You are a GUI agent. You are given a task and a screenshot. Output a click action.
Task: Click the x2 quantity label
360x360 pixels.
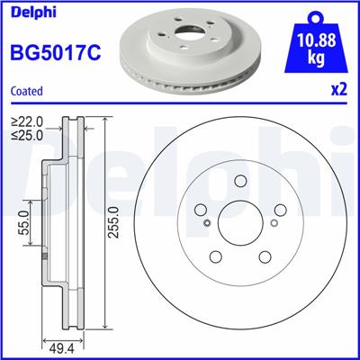click(339, 91)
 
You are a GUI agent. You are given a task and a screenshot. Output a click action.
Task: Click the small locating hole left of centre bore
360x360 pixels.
click(207, 224)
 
